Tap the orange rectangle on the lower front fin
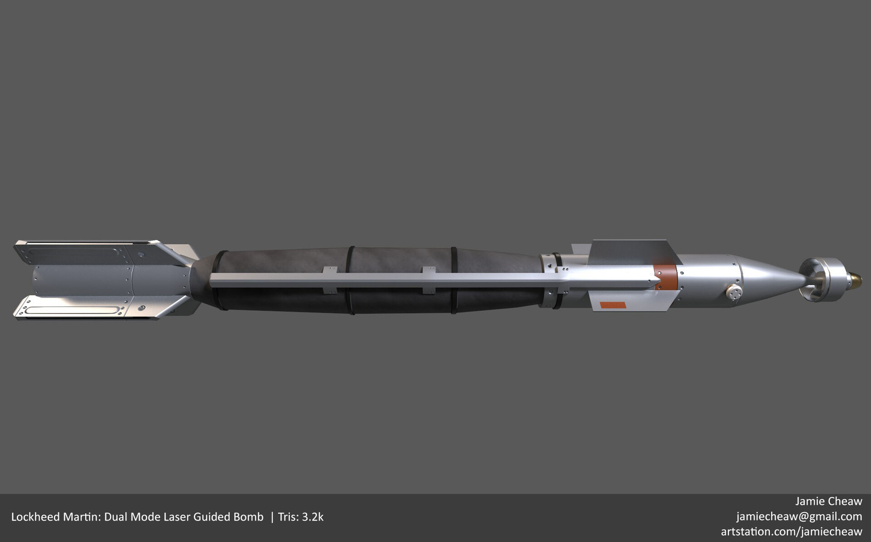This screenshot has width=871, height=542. coord(613,305)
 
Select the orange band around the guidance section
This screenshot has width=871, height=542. coord(665,278)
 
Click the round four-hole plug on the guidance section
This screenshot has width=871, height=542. coord(734,292)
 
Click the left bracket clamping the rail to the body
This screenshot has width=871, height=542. coord(330,280)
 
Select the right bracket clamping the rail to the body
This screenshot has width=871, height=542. coord(429,280)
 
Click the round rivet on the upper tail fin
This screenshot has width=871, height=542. coord(142,255)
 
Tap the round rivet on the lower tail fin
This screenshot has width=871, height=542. coord(142,308)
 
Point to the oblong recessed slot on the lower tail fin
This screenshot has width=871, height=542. coord(73,310)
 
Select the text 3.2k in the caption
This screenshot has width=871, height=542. coord(313,517)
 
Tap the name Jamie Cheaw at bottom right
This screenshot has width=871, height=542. coord(828,501)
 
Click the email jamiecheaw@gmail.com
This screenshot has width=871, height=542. coord(799,516)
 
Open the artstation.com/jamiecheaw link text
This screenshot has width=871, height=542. coord(791,531)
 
